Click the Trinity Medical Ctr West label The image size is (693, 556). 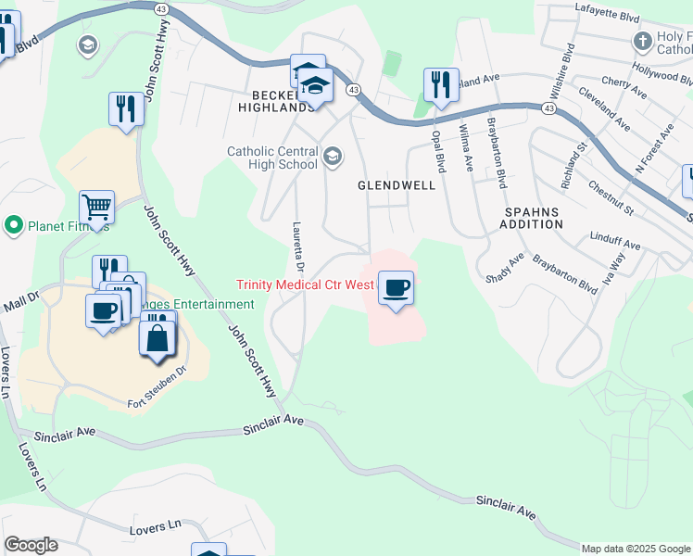tap(305, 285)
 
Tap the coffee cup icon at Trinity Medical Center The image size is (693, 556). tap(396, 288)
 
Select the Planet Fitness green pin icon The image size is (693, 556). tap(13, 225)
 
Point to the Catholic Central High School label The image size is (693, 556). tap(272, 158)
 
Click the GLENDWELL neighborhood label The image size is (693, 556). tap(397, 185)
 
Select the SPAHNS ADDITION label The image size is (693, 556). tap(533, 218)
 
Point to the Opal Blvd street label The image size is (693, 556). tap(440, 150)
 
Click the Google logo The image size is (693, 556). tap(31, 545)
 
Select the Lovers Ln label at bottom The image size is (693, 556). tap(156, 526)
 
